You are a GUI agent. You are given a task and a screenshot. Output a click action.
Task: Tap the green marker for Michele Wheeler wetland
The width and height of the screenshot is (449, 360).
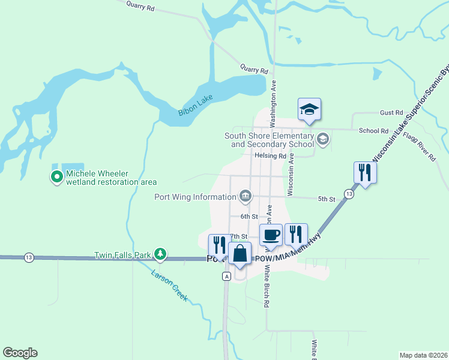click(x=57, y=176)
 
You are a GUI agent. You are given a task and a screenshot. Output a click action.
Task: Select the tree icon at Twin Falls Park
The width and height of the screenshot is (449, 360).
click(x=160, y=254)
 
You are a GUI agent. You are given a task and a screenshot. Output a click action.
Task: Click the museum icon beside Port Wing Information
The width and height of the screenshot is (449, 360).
click(x=246, y=196)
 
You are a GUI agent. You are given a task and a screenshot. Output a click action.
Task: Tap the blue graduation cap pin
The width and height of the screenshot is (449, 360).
click(x=309, y=110)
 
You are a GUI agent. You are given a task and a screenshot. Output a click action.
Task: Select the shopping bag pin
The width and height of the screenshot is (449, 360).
click(x=240, y=254)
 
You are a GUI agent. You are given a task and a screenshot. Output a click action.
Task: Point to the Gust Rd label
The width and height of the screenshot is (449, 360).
click(x=391, y=113)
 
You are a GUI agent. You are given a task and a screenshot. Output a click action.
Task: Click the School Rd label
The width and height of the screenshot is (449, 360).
click(x=373, y=131)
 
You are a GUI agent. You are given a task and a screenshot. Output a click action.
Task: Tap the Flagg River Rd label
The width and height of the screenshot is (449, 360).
click(x=420, y=146)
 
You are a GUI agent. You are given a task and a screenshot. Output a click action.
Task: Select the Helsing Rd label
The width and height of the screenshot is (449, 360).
click(x=270, y=156)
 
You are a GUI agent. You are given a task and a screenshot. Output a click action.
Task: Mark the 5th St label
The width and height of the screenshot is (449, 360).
click(x=327, y=199)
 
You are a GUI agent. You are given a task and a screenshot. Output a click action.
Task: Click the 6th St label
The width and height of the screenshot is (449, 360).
click(x=249, y=216)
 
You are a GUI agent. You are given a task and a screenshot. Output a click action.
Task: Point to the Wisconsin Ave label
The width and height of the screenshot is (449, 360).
click(x=291, y=173)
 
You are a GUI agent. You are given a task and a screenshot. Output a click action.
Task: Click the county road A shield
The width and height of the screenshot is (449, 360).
click(x=226, y=276)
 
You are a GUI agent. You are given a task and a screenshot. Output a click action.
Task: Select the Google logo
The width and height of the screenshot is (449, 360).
click(x=20, y=353)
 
